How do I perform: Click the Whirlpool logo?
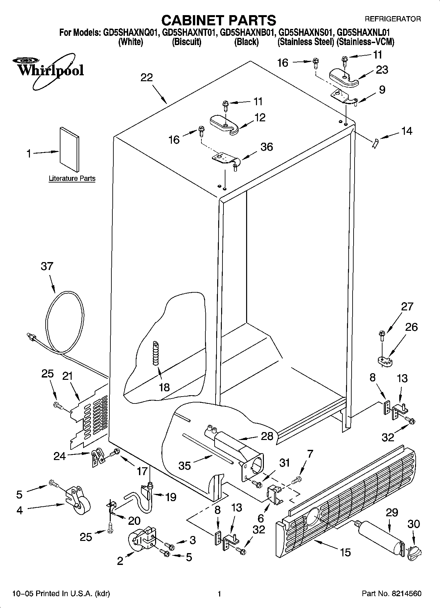click(x=49, y=70)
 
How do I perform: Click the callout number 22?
click(x=147, y=78)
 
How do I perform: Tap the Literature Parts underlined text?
click(x=72, y=179)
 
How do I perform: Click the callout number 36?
click(x=266, y=147)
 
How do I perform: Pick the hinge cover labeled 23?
click(x=343, y=76)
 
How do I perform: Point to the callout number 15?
click(x=345, y=552)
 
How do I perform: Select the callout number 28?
click(x=267, y=436)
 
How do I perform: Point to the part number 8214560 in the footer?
click(x=406, y=594)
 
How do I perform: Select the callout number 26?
click(x=411, y=327)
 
